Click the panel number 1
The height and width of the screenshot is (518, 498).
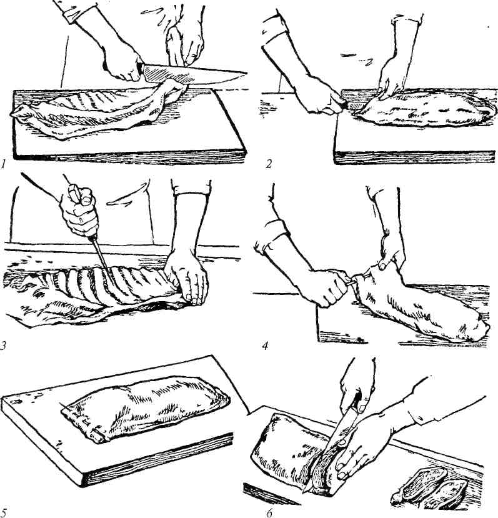point(3,164)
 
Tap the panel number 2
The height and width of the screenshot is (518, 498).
point(269,164)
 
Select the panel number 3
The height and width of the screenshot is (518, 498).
point(3,346)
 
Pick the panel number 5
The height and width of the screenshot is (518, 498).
point(3,513)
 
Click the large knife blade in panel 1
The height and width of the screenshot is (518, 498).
point(195,74)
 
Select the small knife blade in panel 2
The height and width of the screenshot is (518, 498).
point(354,106)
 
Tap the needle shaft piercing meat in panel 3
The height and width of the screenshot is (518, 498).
point(102,260)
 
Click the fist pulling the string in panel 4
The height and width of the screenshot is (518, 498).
point(326,288)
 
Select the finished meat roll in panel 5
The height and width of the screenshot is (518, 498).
point(146,408)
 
